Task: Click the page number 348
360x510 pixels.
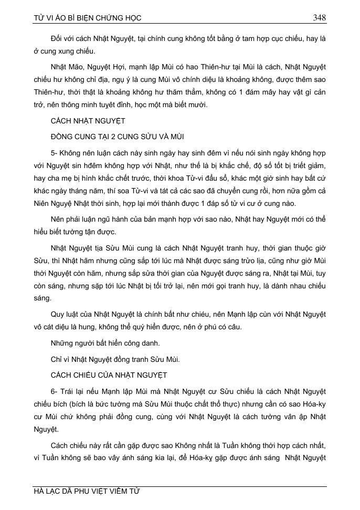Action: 319,17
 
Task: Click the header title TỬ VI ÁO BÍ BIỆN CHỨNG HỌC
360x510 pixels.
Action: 88,18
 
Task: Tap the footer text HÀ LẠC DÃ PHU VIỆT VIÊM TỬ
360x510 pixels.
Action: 87,492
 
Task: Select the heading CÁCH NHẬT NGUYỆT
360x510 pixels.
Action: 88,121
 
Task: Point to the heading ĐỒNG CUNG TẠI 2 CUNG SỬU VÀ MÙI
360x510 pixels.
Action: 116,137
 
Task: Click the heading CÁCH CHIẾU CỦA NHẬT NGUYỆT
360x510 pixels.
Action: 109,375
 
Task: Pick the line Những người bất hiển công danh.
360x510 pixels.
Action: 104,344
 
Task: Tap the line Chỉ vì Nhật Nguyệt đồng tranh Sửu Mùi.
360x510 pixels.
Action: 116,359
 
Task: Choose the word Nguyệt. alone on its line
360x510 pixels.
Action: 45,429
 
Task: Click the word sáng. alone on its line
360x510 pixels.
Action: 42,298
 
